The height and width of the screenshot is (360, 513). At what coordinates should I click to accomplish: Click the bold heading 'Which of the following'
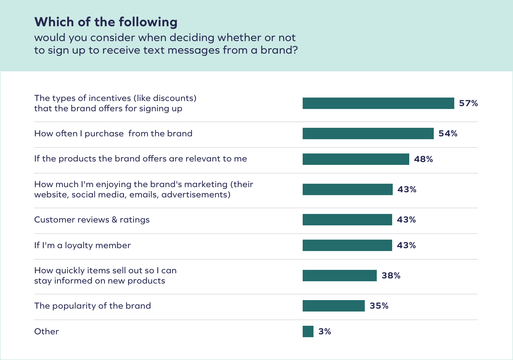pos(106,22)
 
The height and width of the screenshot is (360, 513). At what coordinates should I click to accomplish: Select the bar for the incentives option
pos(378,103)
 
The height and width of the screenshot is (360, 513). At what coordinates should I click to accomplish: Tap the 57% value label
pos(468,103)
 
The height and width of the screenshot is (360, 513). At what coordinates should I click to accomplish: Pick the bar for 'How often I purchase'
pos(368,134)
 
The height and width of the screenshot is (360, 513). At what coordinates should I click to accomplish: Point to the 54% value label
pos(448,134)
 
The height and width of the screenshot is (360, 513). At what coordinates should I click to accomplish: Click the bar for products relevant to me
pos(356,159)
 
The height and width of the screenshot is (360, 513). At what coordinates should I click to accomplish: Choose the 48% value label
pos(423,159)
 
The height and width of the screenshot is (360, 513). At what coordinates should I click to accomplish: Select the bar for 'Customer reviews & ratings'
pos(347,220)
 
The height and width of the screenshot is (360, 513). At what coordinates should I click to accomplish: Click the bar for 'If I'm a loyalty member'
pos(347,245)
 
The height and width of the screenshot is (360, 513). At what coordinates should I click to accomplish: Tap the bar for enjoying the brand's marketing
pos(347,189)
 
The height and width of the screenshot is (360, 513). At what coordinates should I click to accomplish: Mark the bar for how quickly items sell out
pos(339,276)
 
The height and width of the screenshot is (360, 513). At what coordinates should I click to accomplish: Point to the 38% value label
pos(391,276)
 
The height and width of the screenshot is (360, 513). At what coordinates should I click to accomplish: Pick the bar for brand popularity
pos(333,306)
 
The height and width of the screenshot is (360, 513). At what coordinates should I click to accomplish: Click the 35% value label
pos(379,306)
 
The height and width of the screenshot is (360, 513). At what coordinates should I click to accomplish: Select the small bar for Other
pos(308,331)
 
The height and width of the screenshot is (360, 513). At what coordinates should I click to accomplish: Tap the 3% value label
pos(325,331)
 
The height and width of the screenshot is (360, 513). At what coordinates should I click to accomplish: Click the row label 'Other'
pos(46,331)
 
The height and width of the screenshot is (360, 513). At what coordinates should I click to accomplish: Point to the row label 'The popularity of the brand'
pos(92,306)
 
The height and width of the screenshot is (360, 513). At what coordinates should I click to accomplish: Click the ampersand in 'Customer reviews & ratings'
pos(114,220)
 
